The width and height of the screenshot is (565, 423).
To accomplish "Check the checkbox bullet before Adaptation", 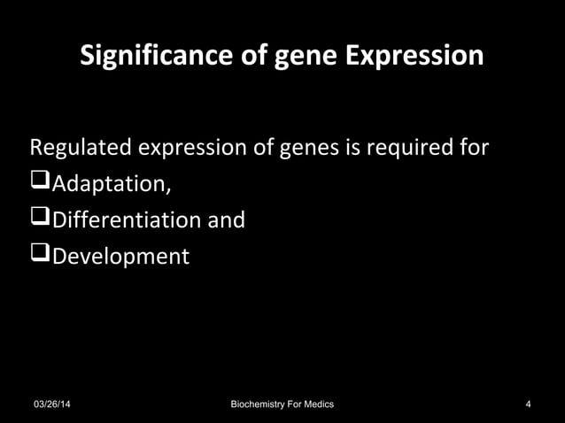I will (x=41, y=183).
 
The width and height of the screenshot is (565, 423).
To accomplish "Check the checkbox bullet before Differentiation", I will (x=41, y=219).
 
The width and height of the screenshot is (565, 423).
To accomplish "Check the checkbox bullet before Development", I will (x=41, y=256).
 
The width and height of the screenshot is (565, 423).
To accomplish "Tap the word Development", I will (x=120, y=258).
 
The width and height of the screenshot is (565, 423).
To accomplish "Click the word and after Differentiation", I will (x=225, y=220).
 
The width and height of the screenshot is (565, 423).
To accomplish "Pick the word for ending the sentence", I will (x=469, y=147).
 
